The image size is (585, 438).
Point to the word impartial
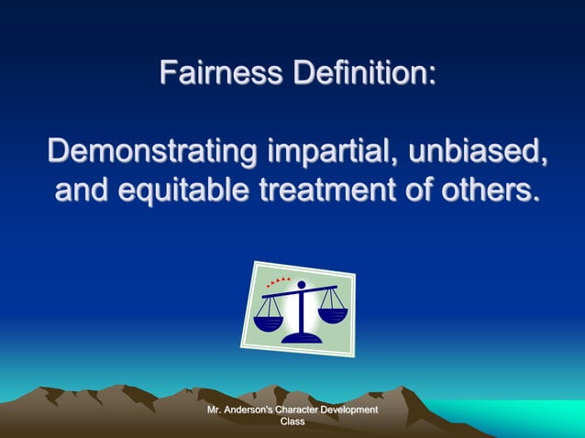pos(326,152)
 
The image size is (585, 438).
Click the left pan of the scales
pos(268,322)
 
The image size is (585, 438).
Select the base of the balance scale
pos(302,337)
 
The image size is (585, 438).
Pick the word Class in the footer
pos(292,422)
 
